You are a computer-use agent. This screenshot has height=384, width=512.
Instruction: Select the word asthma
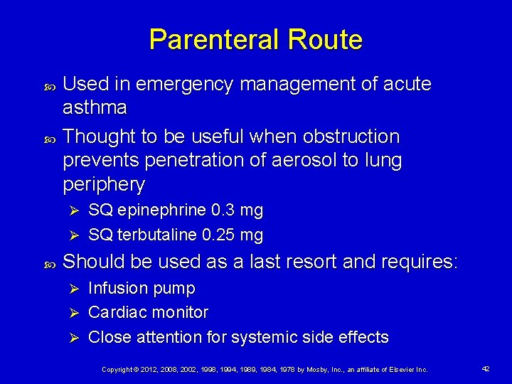95,108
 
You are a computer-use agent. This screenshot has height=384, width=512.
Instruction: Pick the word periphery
104,185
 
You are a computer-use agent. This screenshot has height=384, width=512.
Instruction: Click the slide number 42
486,369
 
